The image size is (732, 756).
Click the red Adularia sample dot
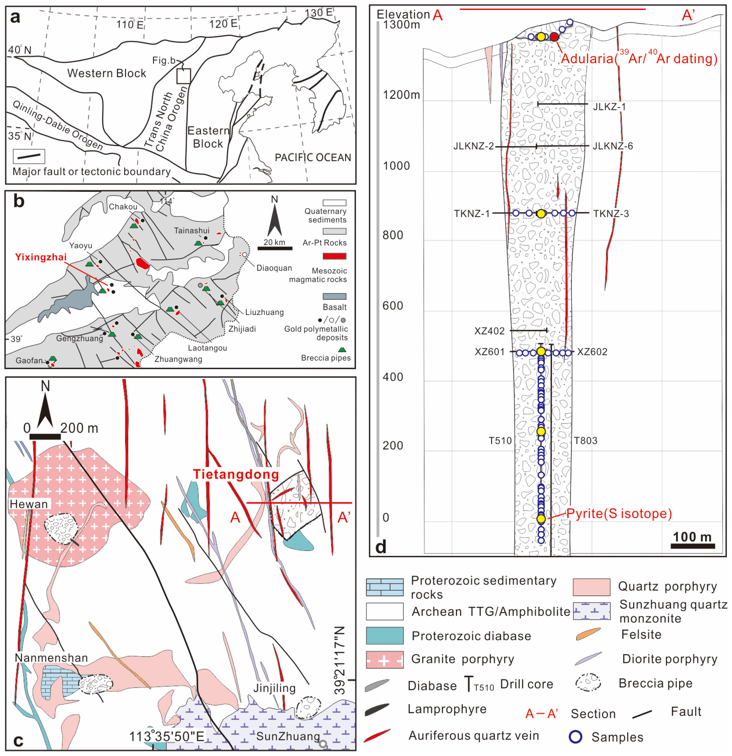coord(554,37)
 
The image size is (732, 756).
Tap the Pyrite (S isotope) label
coord(619,513)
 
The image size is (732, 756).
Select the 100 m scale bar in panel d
coord(692,546)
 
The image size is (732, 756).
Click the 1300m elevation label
coord(401,25)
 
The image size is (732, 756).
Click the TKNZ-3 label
coord(611,214)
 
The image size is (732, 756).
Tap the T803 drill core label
coord(585,440)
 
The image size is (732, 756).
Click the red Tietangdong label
coord(236,474)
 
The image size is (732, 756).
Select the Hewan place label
coord(29,504)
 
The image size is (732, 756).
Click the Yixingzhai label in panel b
coord(41,257)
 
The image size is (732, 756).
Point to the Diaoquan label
coord(274,268)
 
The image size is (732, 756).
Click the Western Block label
coord(107,73)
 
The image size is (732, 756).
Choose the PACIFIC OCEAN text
coord(313,157)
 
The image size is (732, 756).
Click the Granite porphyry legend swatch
coord(384,659)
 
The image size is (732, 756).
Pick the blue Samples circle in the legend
coord(575,737)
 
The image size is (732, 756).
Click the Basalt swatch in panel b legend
coord(334,296)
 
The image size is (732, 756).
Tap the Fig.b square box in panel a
coord(183,76)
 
